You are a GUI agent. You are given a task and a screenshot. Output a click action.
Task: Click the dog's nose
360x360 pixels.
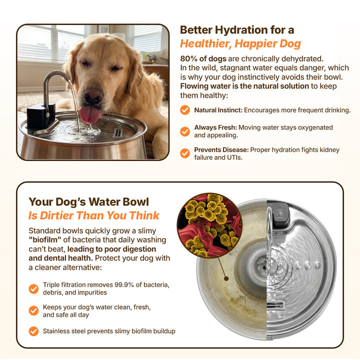(x=93, y=95)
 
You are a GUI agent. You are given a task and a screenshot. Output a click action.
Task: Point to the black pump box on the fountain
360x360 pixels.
(x=41, y=115)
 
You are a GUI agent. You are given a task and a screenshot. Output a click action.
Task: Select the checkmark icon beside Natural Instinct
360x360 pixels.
(x=185, y=110)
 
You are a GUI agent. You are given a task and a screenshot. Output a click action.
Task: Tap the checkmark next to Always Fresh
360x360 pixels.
(x=185, y=131)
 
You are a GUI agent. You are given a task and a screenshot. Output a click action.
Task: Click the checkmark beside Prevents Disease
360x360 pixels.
(x=185, y=153)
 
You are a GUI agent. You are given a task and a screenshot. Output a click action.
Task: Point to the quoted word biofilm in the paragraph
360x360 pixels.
(x=45, y=240)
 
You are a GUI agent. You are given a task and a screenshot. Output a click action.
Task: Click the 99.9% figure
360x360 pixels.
(x=124, y=284)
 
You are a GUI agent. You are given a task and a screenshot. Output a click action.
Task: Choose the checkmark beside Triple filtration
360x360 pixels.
(x=34, y=289)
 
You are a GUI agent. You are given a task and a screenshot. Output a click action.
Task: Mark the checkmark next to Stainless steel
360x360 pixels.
(x=34, y=331)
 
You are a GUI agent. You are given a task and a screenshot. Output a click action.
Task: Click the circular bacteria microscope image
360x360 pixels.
(x=210, y=225)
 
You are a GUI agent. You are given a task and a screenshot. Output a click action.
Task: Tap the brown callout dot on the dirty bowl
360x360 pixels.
(x=226, y=278)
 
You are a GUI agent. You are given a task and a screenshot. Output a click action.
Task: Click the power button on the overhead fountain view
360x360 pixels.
(x=280, y=214)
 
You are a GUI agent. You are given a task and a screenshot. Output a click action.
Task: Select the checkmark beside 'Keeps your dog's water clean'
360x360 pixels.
(x=34, y=310)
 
